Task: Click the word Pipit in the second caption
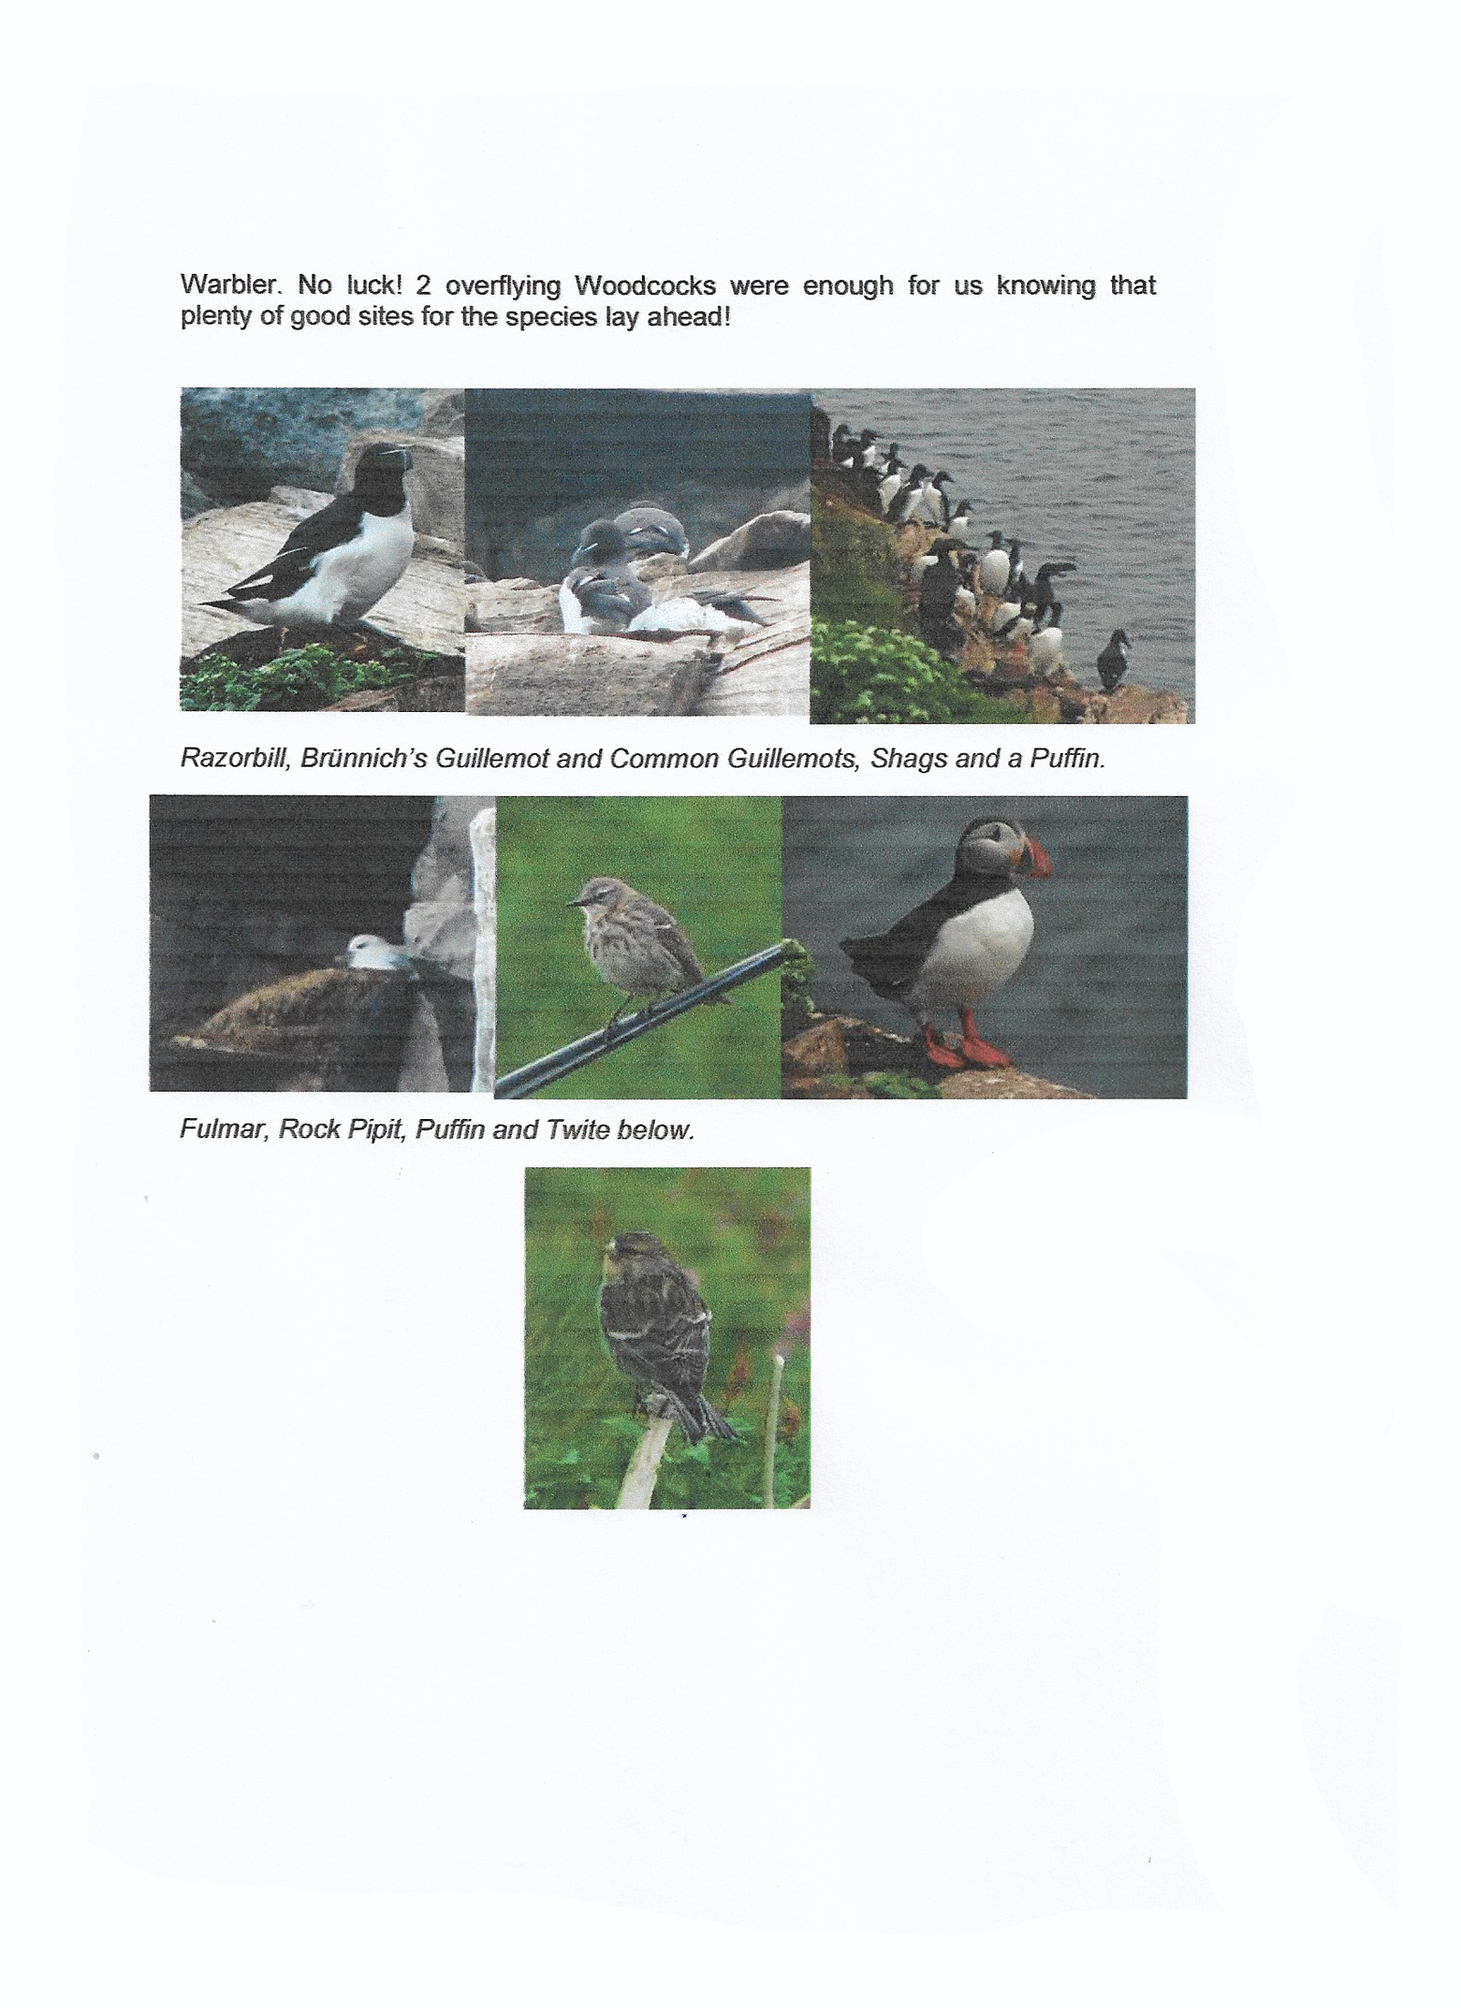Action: [374, 1131]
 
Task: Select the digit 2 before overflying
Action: [423, 286]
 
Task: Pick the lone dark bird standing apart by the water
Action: [1114, 657]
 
